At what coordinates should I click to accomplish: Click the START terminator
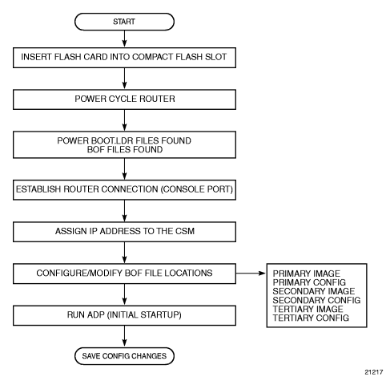point(124,22)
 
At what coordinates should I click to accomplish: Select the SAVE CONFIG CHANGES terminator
point(124,356)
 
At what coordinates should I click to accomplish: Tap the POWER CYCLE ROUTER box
point(124,99)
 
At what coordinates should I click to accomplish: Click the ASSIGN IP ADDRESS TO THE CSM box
point(124,232)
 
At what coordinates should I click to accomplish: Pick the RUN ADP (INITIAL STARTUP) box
point(124,315)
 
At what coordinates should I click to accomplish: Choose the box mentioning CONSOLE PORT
point(124,190)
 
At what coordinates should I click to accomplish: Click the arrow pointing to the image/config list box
point(251,274)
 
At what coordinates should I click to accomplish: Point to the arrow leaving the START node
point(124,39)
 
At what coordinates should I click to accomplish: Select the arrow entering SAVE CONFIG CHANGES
point(124,336)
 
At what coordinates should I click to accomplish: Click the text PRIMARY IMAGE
point(307,274)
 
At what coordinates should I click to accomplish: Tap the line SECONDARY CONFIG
point(316,300)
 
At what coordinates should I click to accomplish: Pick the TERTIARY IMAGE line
point(308,309)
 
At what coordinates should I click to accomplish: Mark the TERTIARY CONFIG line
point(311,318)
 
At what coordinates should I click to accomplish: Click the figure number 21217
point(374,372)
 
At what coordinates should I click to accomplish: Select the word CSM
point(185,231)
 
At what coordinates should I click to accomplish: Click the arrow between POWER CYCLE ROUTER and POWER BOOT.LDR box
point(124,120)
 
